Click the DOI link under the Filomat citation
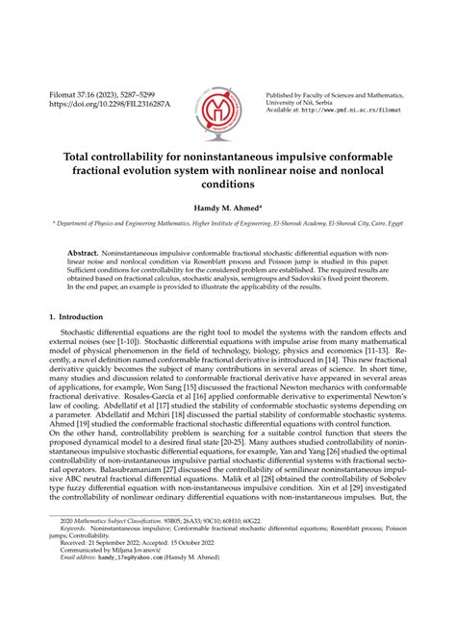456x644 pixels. coord(108,107)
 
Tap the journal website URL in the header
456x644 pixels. coord(361,110)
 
